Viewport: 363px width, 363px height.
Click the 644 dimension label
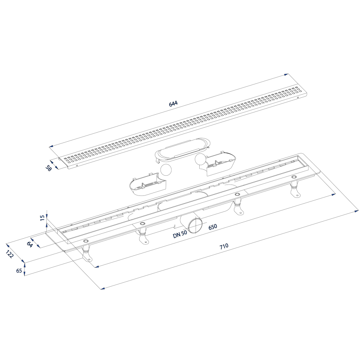(173, 103)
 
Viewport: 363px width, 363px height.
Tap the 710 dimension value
(223, 246)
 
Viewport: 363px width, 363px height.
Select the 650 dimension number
(213, 227)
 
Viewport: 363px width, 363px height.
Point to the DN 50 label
(180, 235)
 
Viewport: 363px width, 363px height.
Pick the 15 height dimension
(42, 218)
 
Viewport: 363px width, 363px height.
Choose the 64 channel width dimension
(29, 244)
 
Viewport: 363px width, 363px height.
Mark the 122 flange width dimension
(10, 254)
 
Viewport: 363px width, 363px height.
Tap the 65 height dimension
(19, 271)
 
